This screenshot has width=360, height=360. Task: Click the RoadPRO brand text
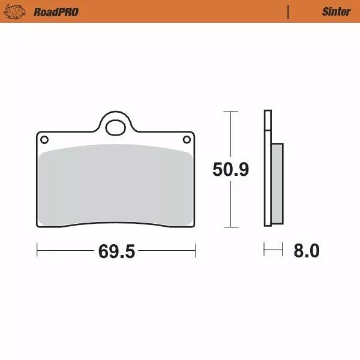click(56, 11)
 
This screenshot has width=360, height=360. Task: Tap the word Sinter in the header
click(336, 11)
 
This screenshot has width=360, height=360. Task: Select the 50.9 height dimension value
click(230, 170)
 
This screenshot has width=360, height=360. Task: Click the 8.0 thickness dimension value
click(306, 251)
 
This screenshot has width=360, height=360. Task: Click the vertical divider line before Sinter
click(289, 11)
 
